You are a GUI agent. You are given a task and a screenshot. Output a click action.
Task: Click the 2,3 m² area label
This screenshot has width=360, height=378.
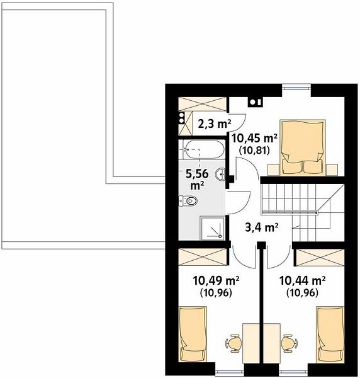pyautogui.click(x=215, y=124)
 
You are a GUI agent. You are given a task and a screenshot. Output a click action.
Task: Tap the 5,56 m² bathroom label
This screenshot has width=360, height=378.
pyautogui.click(x=197, y=180)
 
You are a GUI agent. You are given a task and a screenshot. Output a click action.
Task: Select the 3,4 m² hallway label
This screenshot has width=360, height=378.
pyautogui.click(x=262, y=227)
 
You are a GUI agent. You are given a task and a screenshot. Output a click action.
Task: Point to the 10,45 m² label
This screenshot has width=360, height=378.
pyautogui.click(x=254, y=139)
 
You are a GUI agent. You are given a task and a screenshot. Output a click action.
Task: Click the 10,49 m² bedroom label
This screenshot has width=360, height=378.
pyautogui.click(x=216, y=280)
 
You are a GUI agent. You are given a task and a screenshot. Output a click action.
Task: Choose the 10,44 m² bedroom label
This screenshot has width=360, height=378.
pyautogui.click(x=303, y=280)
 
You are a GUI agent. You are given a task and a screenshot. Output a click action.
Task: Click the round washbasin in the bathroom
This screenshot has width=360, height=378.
pyautogui.click(x=221, y=174)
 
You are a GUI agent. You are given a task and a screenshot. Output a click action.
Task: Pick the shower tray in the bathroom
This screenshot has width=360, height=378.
pyautogui.click(x=212, y=228)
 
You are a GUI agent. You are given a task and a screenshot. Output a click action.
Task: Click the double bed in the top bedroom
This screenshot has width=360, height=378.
pyautogui.click(x=302, y=147)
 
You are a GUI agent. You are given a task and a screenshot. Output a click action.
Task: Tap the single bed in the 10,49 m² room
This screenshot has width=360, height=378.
pyautogui.click(x=193, y=334)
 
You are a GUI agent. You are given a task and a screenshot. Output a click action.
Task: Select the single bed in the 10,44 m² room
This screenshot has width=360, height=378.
pyautogui.click(x=330, y=334)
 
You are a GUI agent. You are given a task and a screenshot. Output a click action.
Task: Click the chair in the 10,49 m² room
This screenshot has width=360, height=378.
pyautogui.click(x=233, y=343)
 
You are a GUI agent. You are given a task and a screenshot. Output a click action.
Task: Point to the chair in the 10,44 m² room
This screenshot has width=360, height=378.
pyautogui.click(x=290, y=343)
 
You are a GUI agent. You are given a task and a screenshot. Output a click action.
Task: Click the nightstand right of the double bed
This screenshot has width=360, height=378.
pyautogui.click(x=332, y=169)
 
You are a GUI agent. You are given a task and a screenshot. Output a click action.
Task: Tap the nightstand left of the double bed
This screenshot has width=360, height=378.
pyautogui.click(x=273, y=169)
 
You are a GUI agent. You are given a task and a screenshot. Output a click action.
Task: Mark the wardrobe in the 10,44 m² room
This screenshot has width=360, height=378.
pyautogui.click(x=320, y=257)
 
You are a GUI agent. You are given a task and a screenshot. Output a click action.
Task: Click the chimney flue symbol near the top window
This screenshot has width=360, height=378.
pyautogui.click(x=256, y=102)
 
